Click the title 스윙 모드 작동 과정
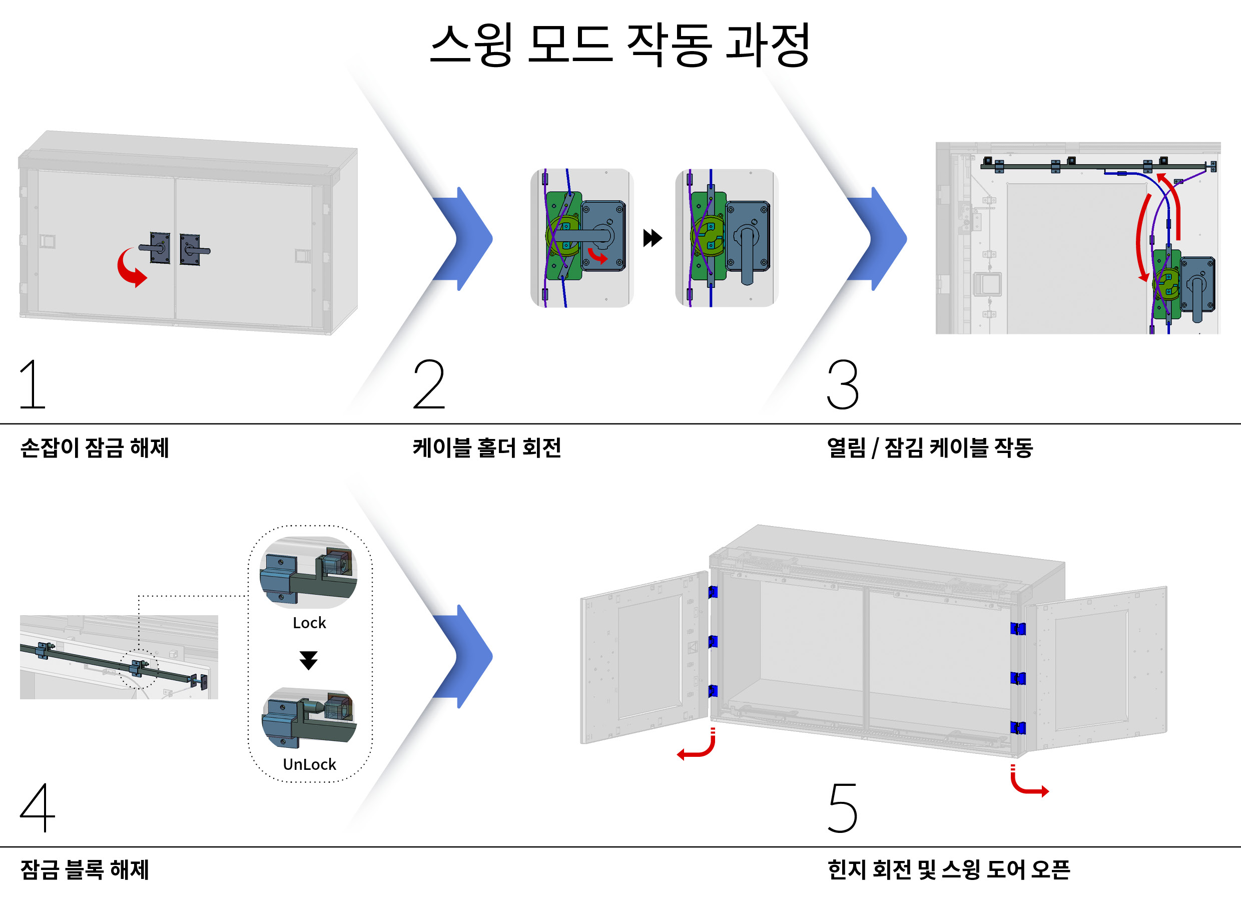tap(619, 45)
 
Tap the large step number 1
tap(33, 384)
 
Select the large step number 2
tap(429, 384)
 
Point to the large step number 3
tap(843, 384)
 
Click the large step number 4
tap(37, 808)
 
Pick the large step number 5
tap(843, 808)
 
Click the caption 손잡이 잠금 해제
tap(95, 448)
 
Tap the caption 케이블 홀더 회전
tap(487, 448)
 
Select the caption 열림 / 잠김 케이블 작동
tap(930, 448)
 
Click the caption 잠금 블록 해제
tap(85, 870)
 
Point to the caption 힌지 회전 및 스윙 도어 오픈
tap(948, 870)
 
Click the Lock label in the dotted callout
tap(309, 623)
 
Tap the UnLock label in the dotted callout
tap(309, 764)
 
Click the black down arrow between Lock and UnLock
tap(309, 660)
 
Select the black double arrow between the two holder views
tap(652, 238)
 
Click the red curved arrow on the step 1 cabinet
tap(130, 268)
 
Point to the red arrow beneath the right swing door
tap(1028, 783)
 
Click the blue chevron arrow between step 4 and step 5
tap(465, 656)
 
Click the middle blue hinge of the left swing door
tap(713, 641)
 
